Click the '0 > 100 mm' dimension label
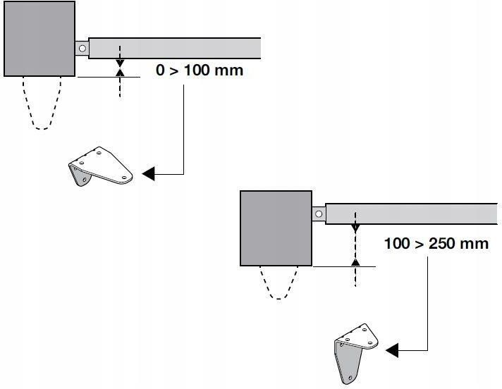pos(200,70)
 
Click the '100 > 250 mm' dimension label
pos(436,243)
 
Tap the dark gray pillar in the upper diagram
pos(39,39)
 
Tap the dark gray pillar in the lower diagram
pos(276,228)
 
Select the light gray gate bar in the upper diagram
pos(174,49)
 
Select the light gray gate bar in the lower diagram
pos(411,214)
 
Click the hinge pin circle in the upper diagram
pos(82,49)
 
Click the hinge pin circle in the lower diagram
pos(319,214)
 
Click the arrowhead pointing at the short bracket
pos(148,173)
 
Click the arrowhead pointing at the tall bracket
pos(392,350)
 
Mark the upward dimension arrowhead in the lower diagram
pos(355,262)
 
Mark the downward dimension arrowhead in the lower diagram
pos(355,228)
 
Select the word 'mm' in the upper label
pos(229,70)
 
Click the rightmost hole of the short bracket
pos(124,177)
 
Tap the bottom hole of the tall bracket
pos(350,378)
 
